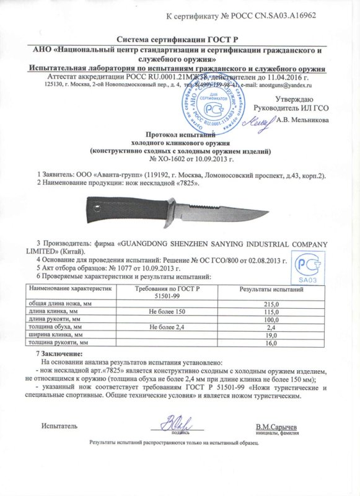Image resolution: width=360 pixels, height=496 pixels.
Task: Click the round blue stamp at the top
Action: click(x=213, y=97)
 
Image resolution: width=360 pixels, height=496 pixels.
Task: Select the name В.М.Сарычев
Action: click(x=276, y=427)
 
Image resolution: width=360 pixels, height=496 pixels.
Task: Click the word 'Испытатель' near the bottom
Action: click(x=60, y=427)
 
